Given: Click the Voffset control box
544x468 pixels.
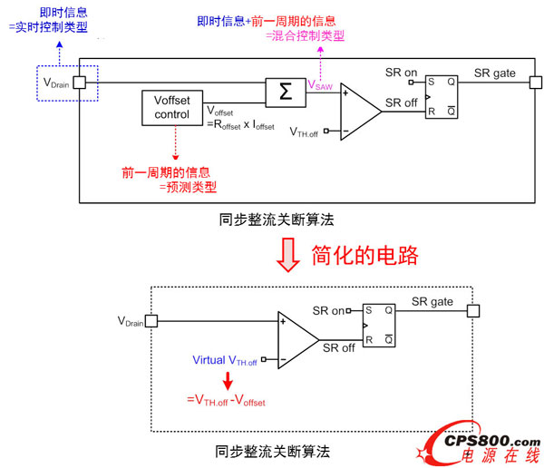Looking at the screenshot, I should pos(172,108).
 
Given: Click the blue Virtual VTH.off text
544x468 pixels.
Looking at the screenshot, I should pos(224,360).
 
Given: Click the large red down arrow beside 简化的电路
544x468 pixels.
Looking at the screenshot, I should pos(289,257).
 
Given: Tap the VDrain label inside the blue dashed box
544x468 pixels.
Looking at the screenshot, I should pos(57,83).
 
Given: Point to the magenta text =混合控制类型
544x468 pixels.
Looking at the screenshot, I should pos(305,35).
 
